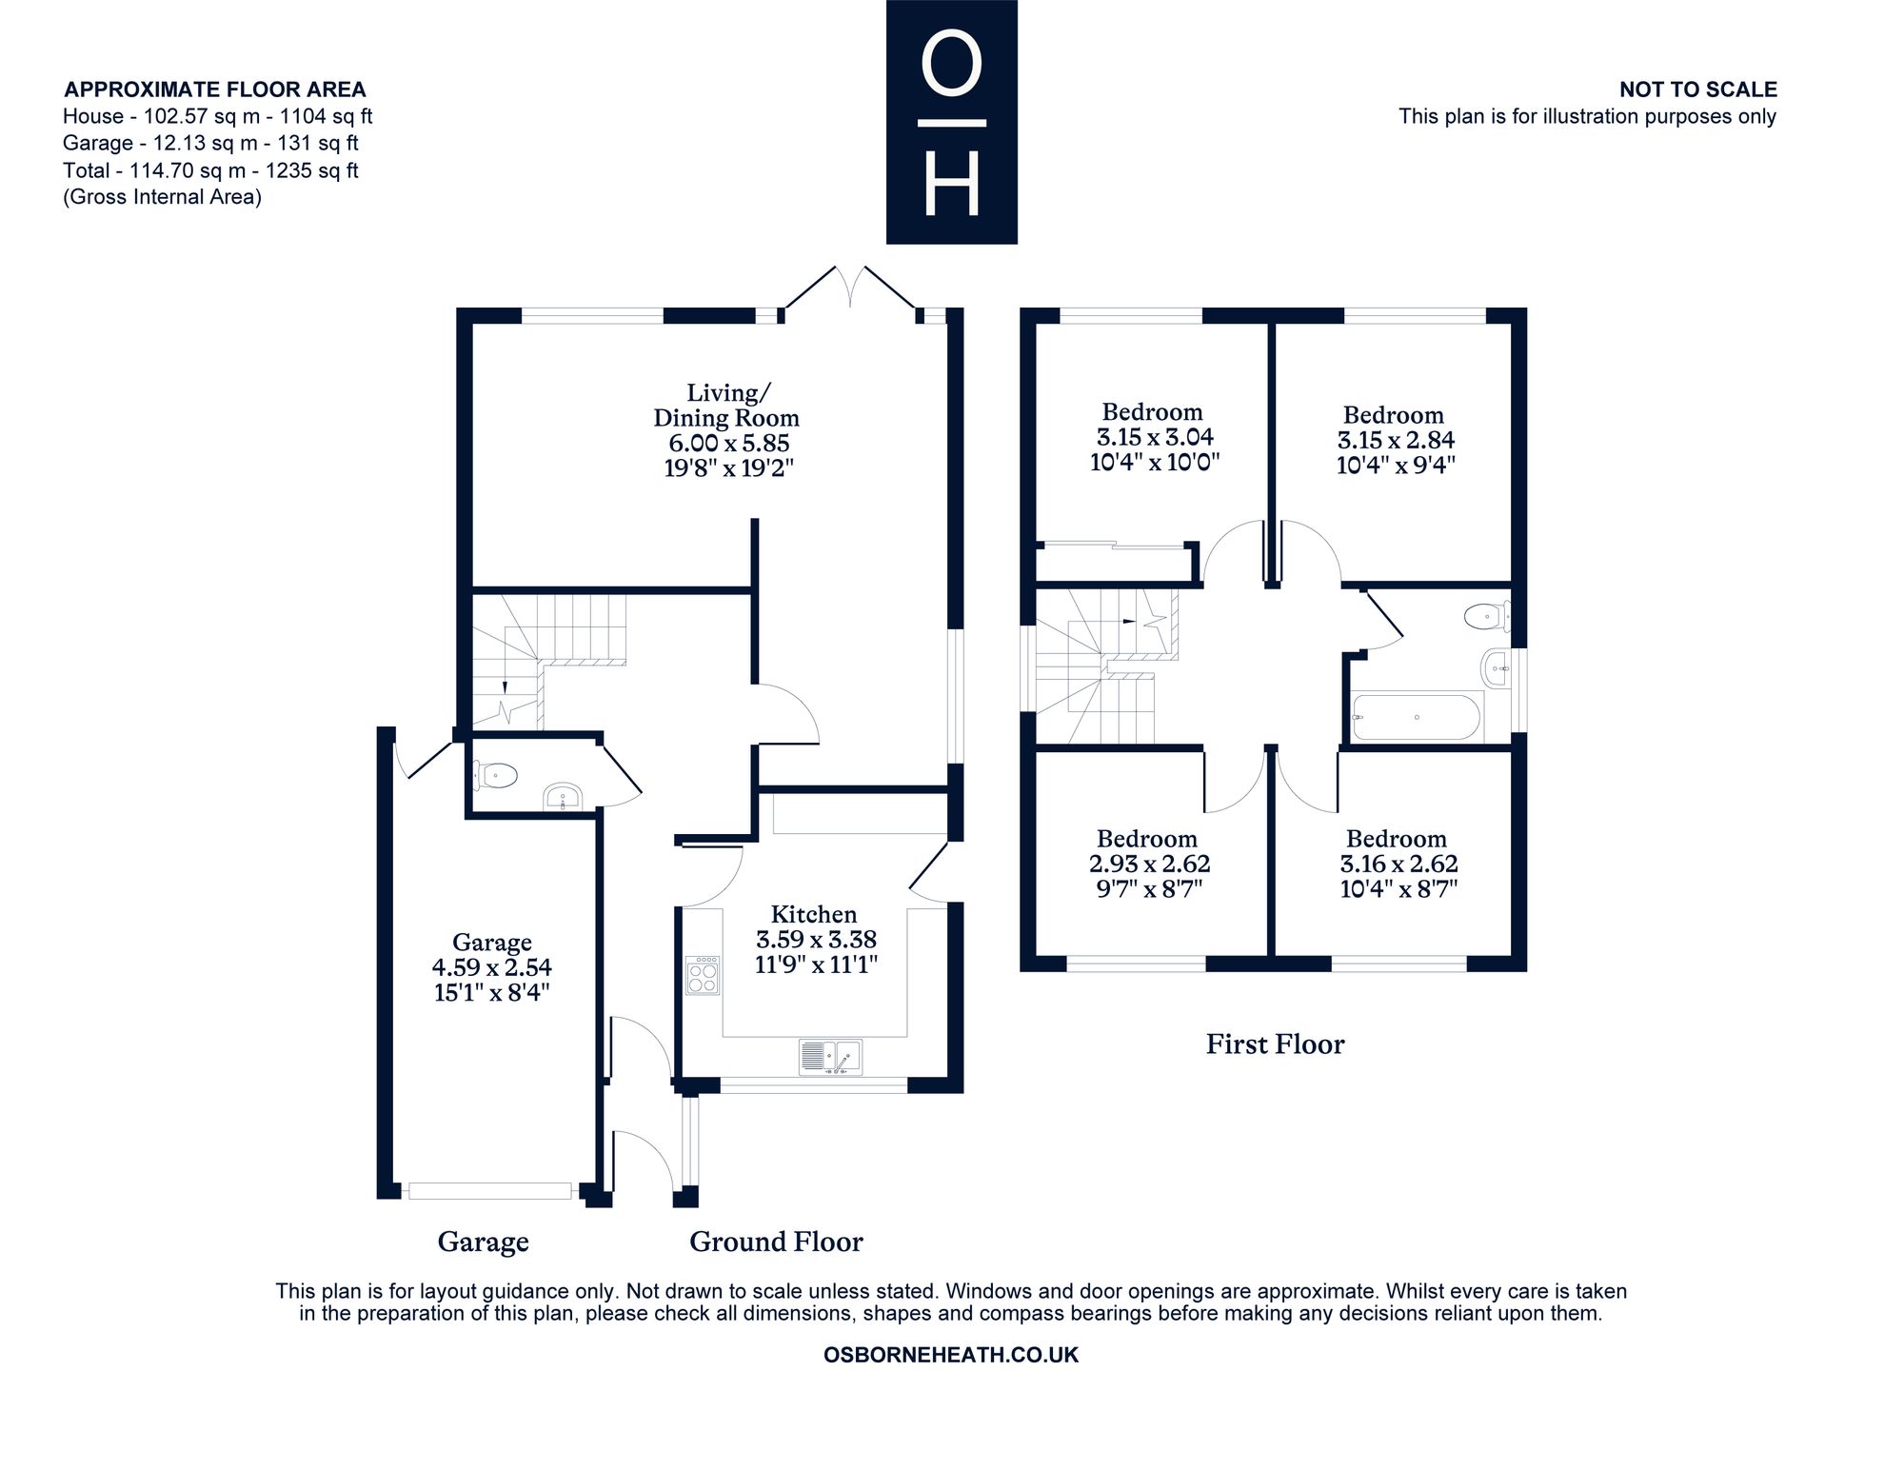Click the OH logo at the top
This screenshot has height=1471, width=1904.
pyautogui.click(x=952, y=122)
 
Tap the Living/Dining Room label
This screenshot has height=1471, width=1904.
pyautogui.click(x=727, y=406)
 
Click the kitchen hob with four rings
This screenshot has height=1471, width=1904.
pyautogui.click(x=704, y=976)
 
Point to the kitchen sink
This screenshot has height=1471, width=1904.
pyautogui.click(x=830, y=1057)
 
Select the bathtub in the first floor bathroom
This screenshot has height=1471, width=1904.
pyautogui.click(x=1417, y=717)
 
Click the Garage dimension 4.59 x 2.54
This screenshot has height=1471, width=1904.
pyautogui.click(x=492, y=967)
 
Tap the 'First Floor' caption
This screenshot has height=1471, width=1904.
pyautogui.click(x=1275, y=1044)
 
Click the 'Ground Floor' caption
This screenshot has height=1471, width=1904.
pyautogui.click(x=776, y=1242)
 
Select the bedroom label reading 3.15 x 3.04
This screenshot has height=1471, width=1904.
pyautogui.click(x=1155, y=437)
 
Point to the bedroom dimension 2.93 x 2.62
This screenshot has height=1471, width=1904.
pyautogui.click(x=1149, y=864)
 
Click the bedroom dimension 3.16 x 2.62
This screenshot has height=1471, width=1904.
pyautogui.click(x=1398, y=864)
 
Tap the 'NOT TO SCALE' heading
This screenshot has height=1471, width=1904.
pyautogui.click(x=1698, y=89)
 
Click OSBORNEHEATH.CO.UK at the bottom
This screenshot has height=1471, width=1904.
pyautogui.click(x=951, y=1355)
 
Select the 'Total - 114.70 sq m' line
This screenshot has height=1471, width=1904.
pyautogui.click(x=210, y=170)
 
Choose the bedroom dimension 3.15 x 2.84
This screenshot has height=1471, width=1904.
pyautogui.click(x=1397, y=440)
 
